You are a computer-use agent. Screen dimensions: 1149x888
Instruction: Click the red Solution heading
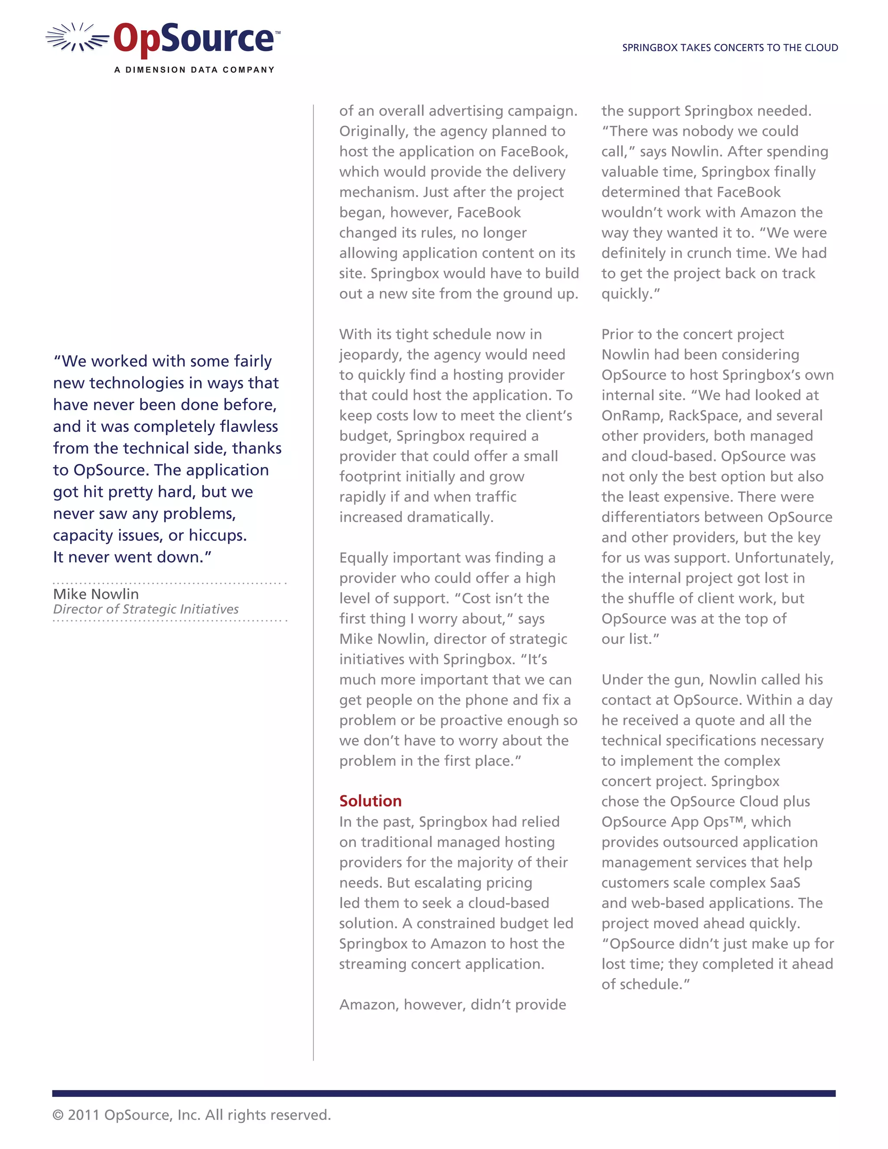pyautogui.click(x=370, y=801)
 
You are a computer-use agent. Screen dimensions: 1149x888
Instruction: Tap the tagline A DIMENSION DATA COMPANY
pyautogui.click(x=194, y=69)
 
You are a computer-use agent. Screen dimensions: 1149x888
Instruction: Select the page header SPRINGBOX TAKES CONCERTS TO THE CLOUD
pyautogui.click(x=730, y=48)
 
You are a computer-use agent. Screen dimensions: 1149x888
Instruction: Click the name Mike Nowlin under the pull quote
pyautogui.click(x=96, y=594)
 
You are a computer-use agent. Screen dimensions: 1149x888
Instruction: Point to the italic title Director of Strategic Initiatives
pyautogui.click(x=146, y=609)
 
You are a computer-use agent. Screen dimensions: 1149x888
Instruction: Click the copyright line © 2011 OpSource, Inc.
pyautogui.click(x=192, y=1114)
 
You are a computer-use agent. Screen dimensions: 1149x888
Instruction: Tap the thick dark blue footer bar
pyautogui.click(x=444, y=1093)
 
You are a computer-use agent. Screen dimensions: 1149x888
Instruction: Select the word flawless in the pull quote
pyautogui.click(x=249, y=427)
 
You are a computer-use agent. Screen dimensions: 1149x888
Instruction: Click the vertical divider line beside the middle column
pyautogui.click(x=313, y=579)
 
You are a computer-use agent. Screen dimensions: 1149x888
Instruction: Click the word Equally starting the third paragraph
pyautogui.click(x=362, y=558)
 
